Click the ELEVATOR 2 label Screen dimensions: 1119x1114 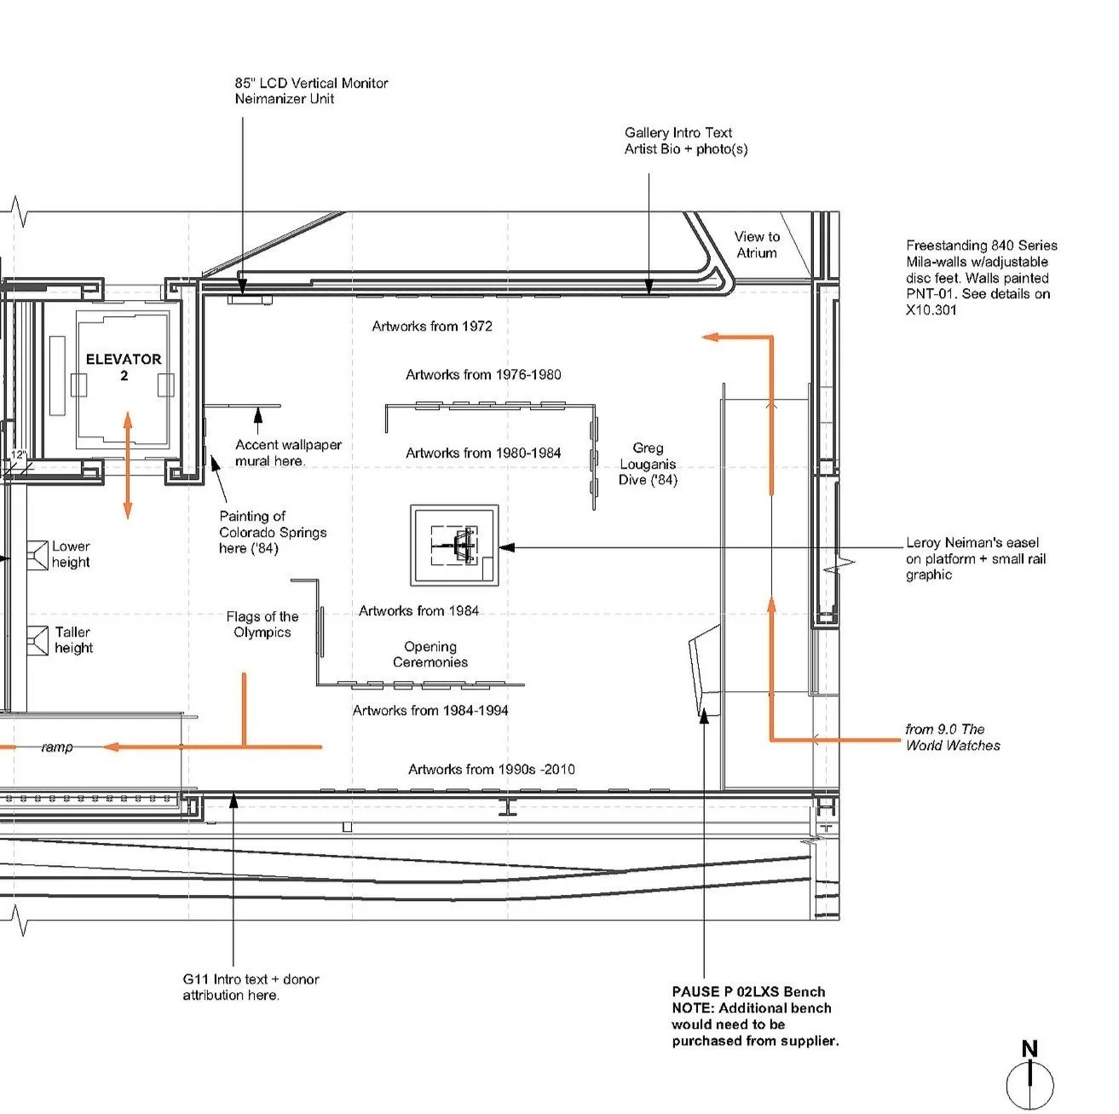124,367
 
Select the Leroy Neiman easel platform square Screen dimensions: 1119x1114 453,545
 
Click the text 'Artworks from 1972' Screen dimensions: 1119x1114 432,326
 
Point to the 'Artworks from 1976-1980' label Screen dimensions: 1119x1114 483,375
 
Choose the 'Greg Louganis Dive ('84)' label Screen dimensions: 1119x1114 648,464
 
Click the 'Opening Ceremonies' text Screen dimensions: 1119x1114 430,655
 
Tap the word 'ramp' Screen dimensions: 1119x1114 57,747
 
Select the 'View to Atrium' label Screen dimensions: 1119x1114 757,245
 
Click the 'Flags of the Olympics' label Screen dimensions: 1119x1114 262,624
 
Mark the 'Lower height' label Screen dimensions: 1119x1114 71,554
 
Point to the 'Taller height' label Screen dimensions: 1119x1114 73,639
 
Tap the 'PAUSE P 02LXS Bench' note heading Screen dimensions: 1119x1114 748,991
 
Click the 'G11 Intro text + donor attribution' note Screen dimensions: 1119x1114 251,987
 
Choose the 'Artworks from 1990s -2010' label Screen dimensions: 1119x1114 491,770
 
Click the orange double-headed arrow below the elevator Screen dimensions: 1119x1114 128,465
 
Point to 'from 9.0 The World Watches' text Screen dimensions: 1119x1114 952,737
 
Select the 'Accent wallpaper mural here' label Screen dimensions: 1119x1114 288,453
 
